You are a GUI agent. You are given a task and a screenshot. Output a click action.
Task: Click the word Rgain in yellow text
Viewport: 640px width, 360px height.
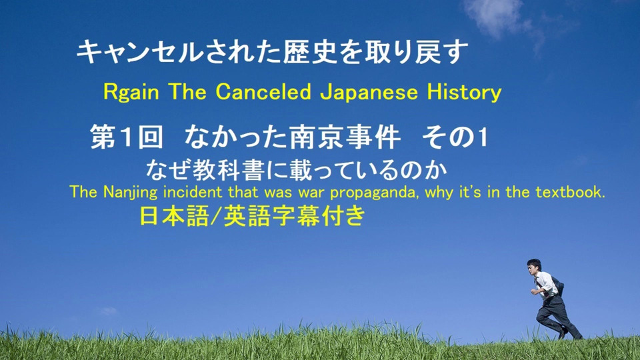131,92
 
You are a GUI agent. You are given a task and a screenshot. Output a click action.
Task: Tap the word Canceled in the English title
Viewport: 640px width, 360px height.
263,91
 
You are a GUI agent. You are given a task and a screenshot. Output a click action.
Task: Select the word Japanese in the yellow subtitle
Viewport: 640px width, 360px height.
369,92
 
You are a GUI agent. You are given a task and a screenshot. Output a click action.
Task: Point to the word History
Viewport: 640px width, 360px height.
464,92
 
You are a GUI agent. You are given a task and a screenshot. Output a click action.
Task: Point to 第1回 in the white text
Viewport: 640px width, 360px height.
127,137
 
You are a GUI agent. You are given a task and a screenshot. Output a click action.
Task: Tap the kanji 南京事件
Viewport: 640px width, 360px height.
345,137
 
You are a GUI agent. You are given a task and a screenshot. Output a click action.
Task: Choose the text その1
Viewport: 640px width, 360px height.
455,137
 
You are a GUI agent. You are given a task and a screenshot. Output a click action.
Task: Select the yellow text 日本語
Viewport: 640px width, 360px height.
174,216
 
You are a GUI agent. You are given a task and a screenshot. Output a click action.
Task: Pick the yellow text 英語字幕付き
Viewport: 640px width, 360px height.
294,216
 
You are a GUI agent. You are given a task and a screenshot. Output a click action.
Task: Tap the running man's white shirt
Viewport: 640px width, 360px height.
547,284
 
